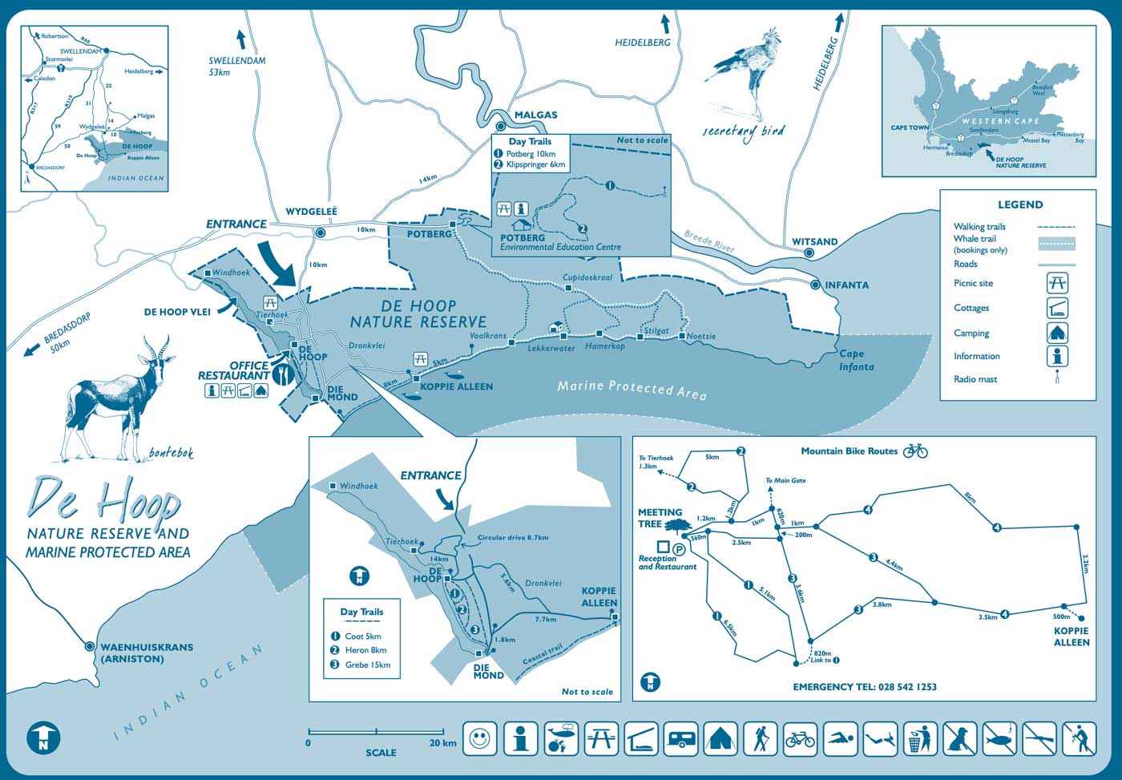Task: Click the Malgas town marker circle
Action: (x=501, y=126)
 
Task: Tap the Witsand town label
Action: (x=814, y=241)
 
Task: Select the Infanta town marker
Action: (x=816, y=285)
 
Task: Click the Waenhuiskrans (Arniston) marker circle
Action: (x=90, y=646)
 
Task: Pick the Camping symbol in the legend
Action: (x=1057, y=333)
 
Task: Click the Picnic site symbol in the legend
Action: (x=1057, y=283)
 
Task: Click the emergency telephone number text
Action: (x=864, y=687)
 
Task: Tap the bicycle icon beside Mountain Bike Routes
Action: (x=914, y=451)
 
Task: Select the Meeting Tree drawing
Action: (x=677, y=525)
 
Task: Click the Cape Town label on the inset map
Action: (x=909, y=127)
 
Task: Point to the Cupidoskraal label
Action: (x=587, y=277)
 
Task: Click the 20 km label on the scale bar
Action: (x=442, y=743)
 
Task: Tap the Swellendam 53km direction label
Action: (x=236, y=66)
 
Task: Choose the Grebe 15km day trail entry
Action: (x=367, y=665)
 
